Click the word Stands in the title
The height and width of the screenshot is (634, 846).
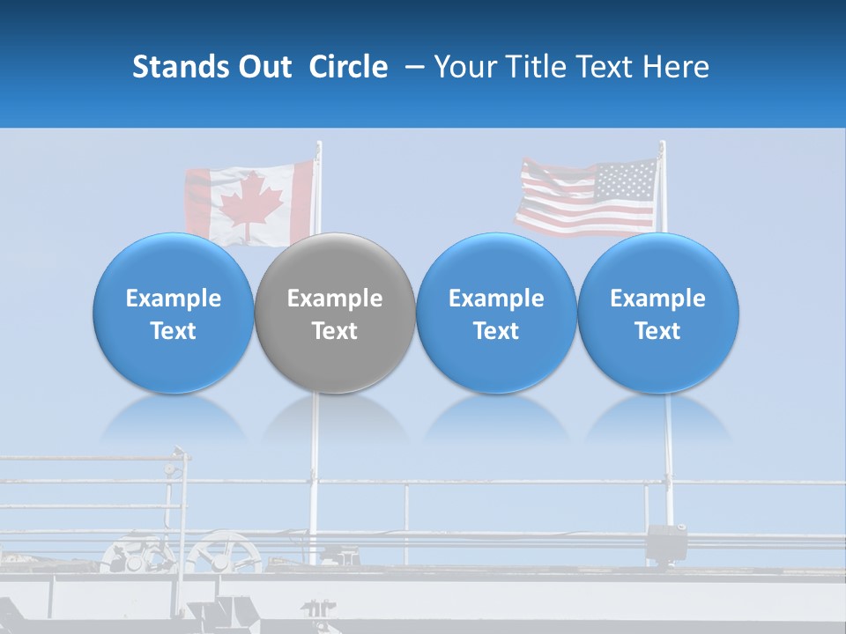pyautogui.click(x=180, y=67)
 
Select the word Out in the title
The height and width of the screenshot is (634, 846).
pyautogui.click(x=264, y=67)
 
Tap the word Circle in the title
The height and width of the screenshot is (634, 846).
pyautogui.click(x=348, y=67)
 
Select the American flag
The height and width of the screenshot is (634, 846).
pyautogui.click(x=587, y=197)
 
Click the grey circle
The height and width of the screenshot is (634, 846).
pyautogui.click(x=335, y=313)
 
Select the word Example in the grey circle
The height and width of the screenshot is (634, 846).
pyautogui.click(x=335, y=299)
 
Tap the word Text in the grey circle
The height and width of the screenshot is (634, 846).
pyautogui.click(x=335, y=331)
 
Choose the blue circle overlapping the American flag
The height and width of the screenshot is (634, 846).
pyautogui.click(x=657, y=313)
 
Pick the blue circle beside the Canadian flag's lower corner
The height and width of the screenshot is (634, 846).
pyautogui.click(x=174, y=313)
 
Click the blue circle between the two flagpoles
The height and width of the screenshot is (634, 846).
pyautogui.click(x=496, y=313)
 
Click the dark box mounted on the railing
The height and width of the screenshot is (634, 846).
pyautogui.click(x=666, y=542)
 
